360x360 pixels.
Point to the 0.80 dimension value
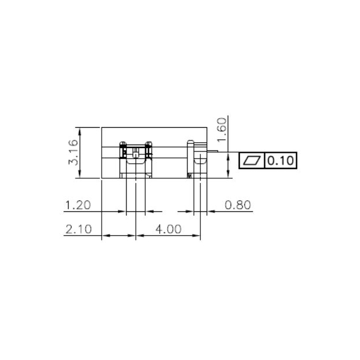(237, 204)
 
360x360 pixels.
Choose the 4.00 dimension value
(168, 229)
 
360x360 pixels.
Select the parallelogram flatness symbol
(253, 160)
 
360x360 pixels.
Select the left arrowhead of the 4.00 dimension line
(139, 236)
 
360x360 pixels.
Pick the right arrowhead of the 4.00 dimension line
(197, 236)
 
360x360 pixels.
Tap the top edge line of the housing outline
(154, 127)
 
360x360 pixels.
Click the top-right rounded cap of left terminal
(149, 142)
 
